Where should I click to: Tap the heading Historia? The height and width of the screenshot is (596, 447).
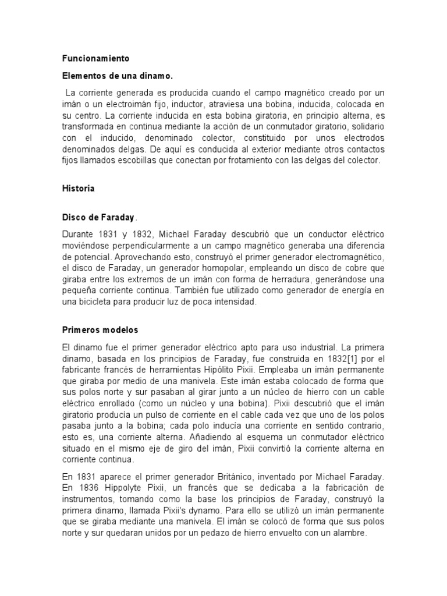[79, 189]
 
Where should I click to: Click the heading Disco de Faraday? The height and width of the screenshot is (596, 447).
[98, 217]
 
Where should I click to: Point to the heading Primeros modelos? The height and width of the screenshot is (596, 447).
[100, 330]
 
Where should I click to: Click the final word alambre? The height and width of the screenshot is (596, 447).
[350, 532]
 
